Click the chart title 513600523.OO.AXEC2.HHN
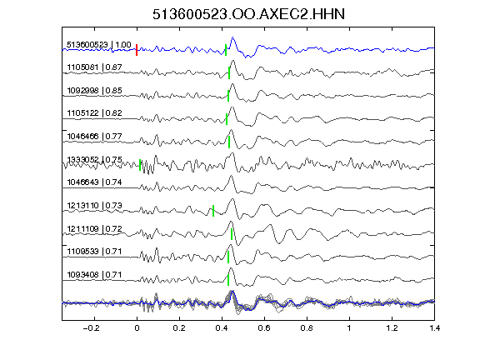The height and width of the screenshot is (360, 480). pos(248,14)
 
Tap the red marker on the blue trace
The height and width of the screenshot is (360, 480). pos(137,50)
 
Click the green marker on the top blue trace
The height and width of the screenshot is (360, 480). pos(226,50)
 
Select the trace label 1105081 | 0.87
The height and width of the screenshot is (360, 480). pos(94,67)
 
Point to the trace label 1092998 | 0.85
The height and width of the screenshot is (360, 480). pos(94,90)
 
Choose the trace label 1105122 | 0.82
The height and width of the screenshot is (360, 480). pos(94,113)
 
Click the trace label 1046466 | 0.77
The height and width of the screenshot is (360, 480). pos(94,136)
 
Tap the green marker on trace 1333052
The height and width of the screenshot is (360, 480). pos(140,165)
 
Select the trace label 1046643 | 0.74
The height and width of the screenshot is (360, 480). pos(94,182)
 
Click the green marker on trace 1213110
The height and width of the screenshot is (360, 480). pos(213,211)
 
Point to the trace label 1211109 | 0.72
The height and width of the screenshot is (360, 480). pos(94,228)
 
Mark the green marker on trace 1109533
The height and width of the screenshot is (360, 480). pos(228,257)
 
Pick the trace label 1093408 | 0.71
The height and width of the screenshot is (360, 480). pos(94,275)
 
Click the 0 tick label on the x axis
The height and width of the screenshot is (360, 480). pos(137,328)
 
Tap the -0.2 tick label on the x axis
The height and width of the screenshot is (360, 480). pos(91,328)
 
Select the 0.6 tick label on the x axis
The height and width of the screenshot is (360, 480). pos(264,328)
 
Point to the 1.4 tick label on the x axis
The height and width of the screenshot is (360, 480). pos(434,328)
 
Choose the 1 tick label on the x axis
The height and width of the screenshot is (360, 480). pos(349,328)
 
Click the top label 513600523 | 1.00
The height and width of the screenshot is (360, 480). pos(99,45)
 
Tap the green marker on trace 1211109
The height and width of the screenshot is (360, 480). pos(232,234)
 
